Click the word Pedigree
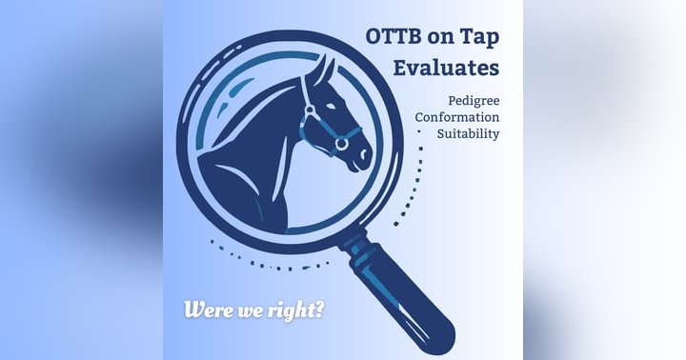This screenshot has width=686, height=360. coord(474,100)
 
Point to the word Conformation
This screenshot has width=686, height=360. coord(456,117)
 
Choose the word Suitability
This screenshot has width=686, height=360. coord(468,134)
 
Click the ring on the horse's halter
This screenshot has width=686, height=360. coord(340,144)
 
